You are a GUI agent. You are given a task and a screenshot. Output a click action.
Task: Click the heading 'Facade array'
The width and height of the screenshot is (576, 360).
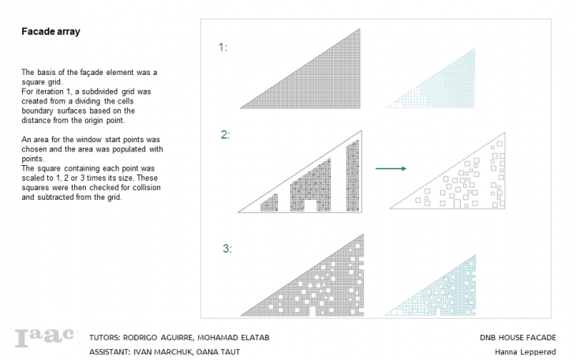tap(50, 32)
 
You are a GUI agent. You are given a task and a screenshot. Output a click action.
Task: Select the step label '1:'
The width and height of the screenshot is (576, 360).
tap(223, 47)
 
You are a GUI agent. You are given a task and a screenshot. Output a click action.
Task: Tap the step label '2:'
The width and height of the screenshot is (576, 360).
tap(225, 134)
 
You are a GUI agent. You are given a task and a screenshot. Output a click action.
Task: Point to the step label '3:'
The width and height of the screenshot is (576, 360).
tap(227, 249)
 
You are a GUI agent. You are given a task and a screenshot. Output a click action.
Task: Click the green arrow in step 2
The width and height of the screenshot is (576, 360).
tap(391, 168)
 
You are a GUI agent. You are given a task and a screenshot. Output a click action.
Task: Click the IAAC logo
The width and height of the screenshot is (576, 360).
tap(44, 337)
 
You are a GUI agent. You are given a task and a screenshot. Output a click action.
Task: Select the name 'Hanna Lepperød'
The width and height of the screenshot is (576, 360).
tap(526, 352)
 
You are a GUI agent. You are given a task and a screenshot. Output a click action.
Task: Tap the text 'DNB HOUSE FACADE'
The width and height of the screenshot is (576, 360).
tap(518, 338)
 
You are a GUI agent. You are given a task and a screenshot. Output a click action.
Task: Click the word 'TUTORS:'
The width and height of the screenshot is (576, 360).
tap(105, 338)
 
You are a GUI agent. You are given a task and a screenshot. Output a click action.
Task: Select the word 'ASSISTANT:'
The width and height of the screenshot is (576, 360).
tap(110, 352)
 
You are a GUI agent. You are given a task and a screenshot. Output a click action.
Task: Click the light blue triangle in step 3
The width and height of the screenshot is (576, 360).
tap(447, 295)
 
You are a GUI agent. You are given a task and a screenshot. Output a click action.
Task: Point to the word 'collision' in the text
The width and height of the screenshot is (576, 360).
tap(146, 188)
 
